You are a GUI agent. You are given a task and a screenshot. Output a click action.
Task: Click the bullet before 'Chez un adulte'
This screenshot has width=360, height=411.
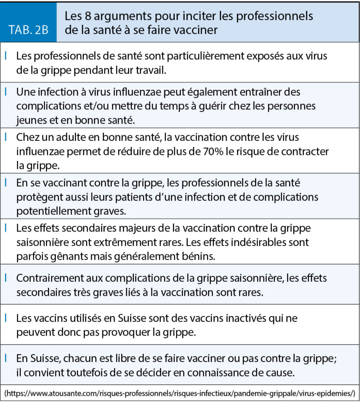pyautogui.click(x=6, y=137)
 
